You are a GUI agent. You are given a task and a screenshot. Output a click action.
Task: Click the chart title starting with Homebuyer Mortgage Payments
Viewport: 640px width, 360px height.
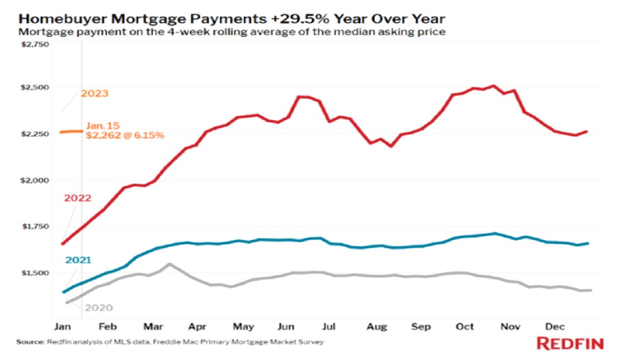pos(231,19)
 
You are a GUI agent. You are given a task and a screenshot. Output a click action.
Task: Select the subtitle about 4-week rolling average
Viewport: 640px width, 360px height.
pos(232,32)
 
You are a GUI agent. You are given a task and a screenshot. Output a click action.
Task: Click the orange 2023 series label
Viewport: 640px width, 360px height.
pos(94,94)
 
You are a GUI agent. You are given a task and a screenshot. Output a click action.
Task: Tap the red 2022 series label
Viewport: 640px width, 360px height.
pos(78,198)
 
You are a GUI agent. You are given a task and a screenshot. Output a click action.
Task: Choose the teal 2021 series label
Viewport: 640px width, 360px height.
pos(78,260)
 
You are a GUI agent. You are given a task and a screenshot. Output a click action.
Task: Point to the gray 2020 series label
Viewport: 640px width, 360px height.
pos(99,308)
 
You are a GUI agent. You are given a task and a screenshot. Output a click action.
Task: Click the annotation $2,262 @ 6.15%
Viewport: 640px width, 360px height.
pos(125,136)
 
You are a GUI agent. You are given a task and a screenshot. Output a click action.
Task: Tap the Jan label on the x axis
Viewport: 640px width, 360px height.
pos(63,326)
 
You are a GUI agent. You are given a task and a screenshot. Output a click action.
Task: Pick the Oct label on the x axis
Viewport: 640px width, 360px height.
pos(465,326)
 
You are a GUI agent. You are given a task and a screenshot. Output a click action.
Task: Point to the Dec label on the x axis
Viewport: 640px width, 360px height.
pos(555,326)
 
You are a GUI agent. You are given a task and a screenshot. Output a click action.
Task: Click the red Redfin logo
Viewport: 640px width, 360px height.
pos(570,343)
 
